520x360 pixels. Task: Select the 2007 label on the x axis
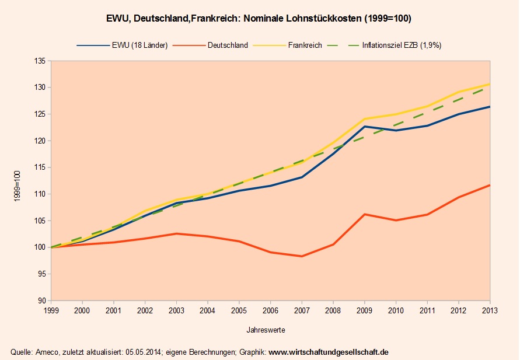[x=302, y=310]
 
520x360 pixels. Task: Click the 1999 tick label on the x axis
[x=51, y=310]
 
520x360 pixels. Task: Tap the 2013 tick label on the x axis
[x=489, y=310]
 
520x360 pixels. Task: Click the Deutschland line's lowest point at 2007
[x=302, y=256]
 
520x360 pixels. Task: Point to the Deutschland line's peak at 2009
[x=364, y=214]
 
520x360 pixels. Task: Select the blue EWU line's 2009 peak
[x=364, y=126]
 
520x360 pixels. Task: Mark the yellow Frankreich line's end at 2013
[x=489, y=84]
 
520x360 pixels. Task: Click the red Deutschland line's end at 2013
[x=489, y=185]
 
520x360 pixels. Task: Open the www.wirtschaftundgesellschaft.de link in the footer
[x=329, y=352]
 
